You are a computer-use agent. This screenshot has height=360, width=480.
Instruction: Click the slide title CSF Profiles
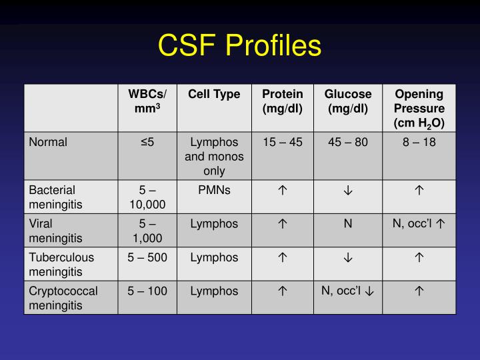click(239, 45)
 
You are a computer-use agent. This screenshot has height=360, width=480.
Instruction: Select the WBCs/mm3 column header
click(147, 101)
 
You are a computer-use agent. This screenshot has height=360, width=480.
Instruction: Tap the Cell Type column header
click(214, 94)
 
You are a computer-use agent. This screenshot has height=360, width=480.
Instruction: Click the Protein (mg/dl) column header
click(282, 101)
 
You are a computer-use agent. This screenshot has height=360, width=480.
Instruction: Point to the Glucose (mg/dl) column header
click(347, 101)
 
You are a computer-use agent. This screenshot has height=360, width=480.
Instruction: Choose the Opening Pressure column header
click(419, 108)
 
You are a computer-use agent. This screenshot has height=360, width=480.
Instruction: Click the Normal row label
click(48, 142)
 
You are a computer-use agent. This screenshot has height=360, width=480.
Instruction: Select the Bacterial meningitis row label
click(55, 197)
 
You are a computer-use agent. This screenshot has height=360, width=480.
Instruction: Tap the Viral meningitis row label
click(55, 231)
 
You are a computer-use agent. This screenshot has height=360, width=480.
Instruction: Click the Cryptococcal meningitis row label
click(63, 297)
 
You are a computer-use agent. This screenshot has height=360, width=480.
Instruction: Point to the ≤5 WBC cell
click(147, 142)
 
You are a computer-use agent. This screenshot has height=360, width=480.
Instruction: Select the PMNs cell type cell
click(214, 190)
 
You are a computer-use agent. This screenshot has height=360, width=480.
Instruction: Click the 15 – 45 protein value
click(282, 142)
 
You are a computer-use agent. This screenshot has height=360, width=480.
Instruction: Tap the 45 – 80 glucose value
click(347, 142)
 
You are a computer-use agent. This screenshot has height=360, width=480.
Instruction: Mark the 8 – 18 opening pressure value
click(419, 142)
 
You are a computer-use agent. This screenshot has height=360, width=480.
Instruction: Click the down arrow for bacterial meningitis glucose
click(347, 191)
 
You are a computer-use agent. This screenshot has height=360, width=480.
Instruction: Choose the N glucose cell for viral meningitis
click(347, 224)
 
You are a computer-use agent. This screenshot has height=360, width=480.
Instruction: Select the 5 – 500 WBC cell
click(147, 257)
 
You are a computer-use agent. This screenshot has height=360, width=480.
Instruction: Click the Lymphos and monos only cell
click(214, 156)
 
